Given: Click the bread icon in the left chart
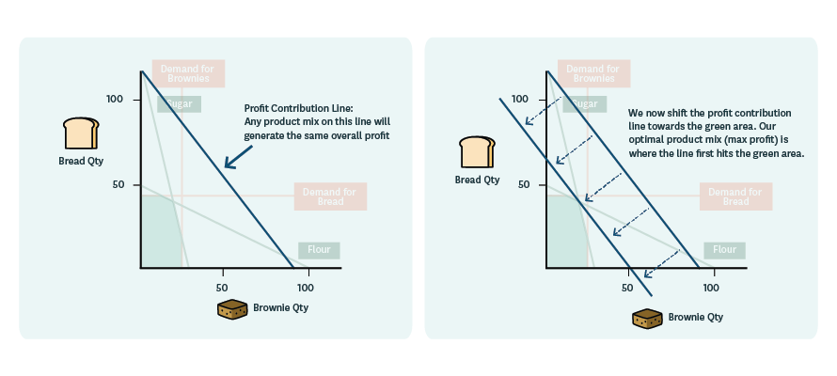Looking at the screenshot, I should pos(80,133).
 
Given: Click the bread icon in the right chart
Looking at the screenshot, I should pos(477,151).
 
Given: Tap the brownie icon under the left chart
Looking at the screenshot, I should pos(232,308).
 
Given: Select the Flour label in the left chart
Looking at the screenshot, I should pos(319,251).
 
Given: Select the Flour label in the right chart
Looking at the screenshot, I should pos(724,250).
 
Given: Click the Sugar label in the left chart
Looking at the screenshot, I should pos(179,104).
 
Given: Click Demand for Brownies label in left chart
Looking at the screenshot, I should pos(184,74).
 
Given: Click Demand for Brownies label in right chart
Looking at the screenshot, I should pos(590,74).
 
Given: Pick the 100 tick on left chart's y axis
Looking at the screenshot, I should pos(115,100).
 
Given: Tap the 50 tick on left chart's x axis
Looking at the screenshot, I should pos(222,287).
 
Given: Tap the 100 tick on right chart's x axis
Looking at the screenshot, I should pos(710,287).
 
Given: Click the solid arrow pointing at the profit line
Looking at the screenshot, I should pos(240,158).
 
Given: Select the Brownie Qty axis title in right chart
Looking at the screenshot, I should pos(696,318).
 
